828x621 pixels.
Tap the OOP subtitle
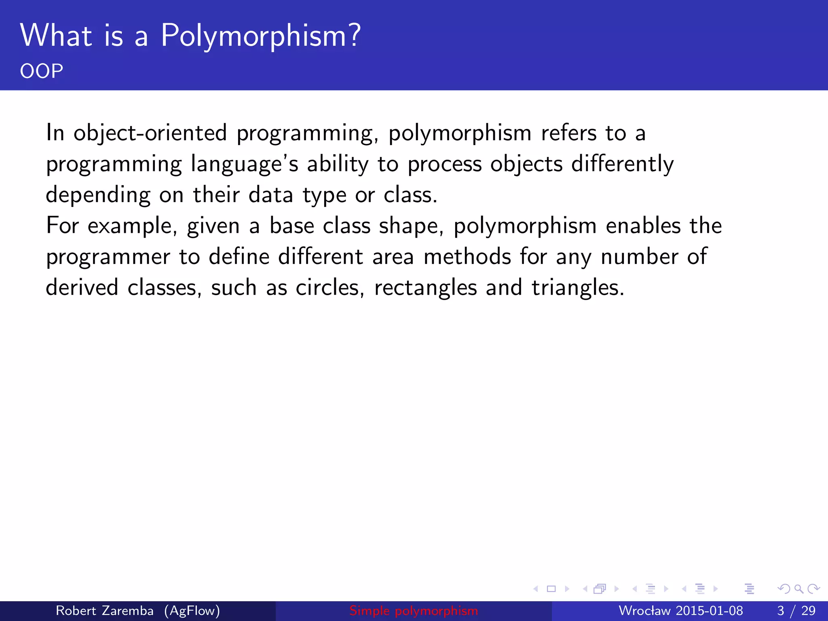pyautogui.click(x=42, y=71)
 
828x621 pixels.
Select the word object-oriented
pyautogui.click(x=150, y=133)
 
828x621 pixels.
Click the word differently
pyautogui.click(x=622, y=165)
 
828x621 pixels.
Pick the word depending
pyautogui.click(x=98, y=196)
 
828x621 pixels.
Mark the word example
pyautogui.click(x=132, y=226)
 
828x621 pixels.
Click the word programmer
pyautogui.click(x=108, y=258)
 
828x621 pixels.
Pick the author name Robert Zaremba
pyautogui.click(x=104, y=610)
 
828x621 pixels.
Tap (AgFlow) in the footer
pyautogui.click(x=192, y=611)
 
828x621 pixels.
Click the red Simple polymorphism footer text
pyautogui.click(x=414, y=611)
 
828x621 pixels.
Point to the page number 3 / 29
pyautogui.click(x=796, y=610)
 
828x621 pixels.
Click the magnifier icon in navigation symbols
pyautogui.click(x=798, y=589)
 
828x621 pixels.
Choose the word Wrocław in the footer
pyautogui.click(x=644, y=610)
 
